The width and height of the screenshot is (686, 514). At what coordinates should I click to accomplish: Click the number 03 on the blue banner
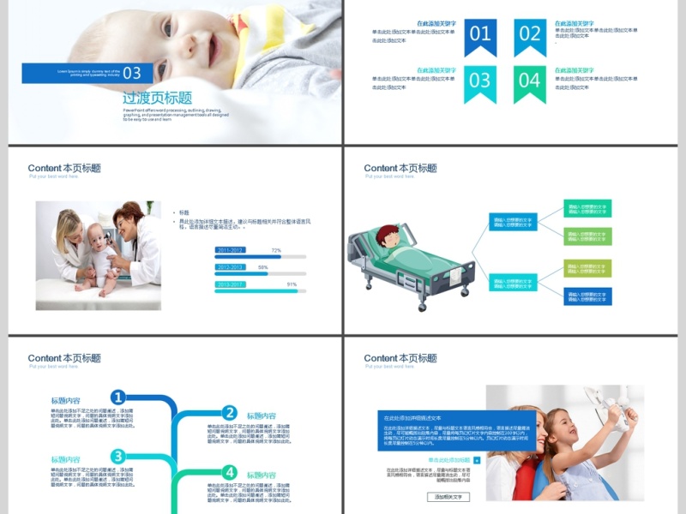(x=132, y=73)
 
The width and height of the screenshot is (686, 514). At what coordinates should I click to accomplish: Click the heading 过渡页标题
(x=157, y=98)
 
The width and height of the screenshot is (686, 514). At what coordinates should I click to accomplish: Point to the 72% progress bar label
(x=276, y=250)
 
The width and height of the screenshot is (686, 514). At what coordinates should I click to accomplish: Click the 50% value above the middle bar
(x=263, y=267)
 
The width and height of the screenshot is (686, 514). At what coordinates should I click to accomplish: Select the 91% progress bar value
(x=292, y=284)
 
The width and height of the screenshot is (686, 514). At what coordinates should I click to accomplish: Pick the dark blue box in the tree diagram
(x=587, y=296)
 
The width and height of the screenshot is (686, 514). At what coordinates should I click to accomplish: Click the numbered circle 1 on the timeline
(x=117, y=397)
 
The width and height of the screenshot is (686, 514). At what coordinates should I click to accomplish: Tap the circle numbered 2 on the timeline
(x=229, y=413)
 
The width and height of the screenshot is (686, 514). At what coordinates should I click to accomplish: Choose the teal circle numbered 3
(x=117, y=457)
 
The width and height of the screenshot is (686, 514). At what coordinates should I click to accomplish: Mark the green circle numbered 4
(x=229, y=472)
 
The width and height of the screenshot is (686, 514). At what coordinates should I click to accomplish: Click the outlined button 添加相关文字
(x=448, y=497)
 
